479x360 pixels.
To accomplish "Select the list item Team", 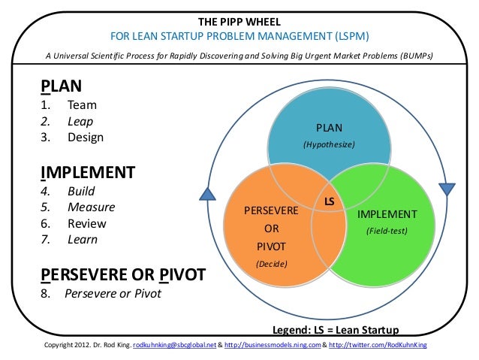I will (82, 105).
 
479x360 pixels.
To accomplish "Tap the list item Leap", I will (80, 121).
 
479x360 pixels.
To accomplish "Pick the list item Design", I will (86, 138).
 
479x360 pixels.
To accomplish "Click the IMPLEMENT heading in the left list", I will (87, 173).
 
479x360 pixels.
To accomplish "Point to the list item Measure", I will (90, 207).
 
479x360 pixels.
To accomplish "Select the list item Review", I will (87, 223).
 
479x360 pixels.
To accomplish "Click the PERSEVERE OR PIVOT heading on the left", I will (122, 274).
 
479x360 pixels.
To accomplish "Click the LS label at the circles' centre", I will (329, 202).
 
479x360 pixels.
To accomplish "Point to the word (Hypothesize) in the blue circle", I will (328, 144).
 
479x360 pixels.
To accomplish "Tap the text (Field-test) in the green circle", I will (387, 231).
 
